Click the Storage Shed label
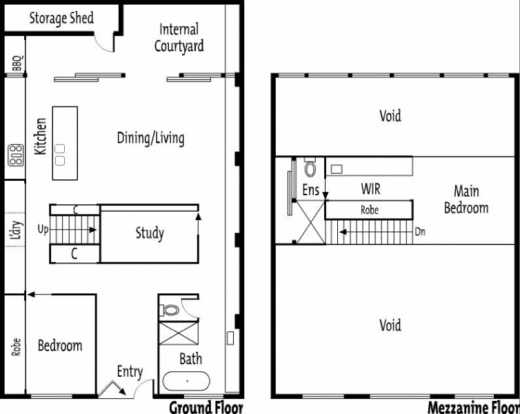[61, 18]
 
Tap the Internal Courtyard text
[179, 37]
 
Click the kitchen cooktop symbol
[16, 155]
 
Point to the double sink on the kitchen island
[60, 155]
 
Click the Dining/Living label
[151, 138]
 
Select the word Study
[150, 233]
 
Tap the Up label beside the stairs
[43, 229]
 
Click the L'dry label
[16, 230]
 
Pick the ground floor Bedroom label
[60, 346]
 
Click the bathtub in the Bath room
[186, 381]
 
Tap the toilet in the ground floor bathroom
[170, 310]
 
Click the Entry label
[130, 372]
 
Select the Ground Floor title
[206, 407]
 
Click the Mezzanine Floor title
[473, 407]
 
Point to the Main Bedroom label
[466, 199]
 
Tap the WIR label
[371, 189]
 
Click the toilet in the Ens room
[310, 168]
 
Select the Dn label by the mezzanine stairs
[420, 232]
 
